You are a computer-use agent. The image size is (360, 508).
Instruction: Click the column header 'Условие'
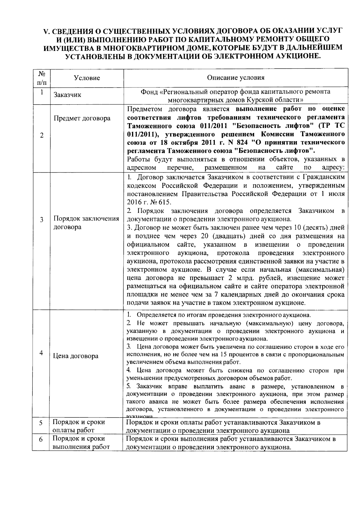[x=87, y=78]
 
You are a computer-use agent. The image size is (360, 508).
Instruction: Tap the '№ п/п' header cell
[x=42, y=78]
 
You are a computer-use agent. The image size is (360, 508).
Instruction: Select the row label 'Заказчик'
[x=67, y=95]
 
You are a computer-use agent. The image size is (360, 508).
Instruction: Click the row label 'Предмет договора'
[x=82, y=118]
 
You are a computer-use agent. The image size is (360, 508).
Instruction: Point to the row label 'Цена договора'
[x=76, y=356]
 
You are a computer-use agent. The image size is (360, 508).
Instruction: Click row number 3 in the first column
[x=41, y=220]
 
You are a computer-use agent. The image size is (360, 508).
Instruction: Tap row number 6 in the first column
[x=41, y=440]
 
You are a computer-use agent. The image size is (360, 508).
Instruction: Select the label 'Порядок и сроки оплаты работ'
[x=79, y=426]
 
